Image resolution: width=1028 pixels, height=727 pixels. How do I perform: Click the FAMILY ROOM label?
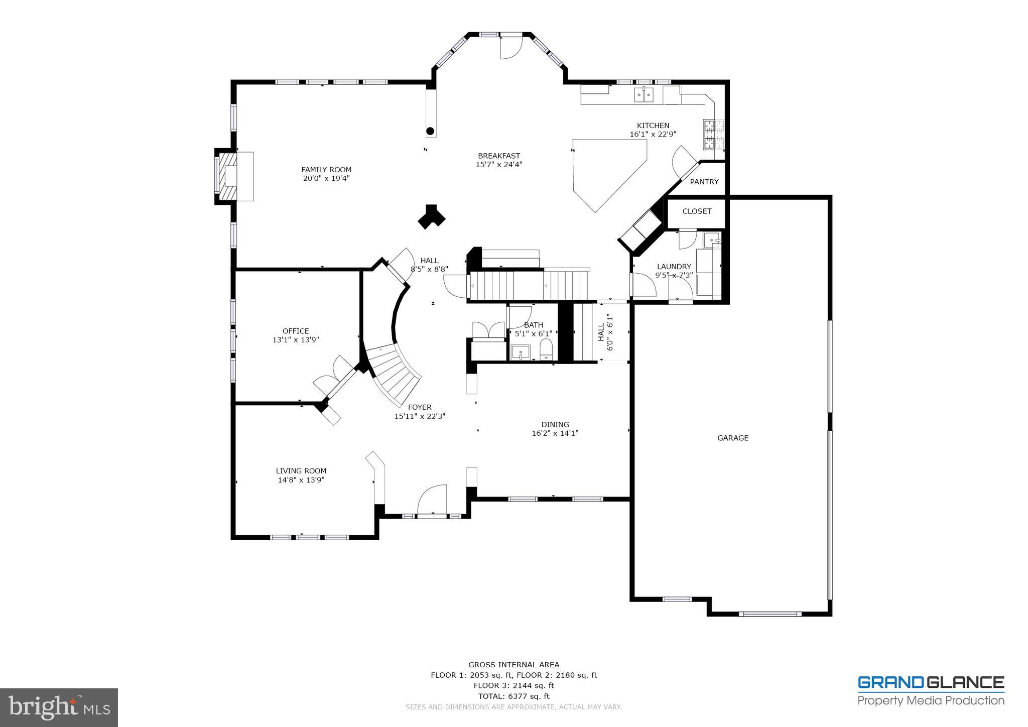[x=326, y=170]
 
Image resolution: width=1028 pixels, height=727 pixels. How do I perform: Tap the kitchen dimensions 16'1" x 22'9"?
[x=653, y=135]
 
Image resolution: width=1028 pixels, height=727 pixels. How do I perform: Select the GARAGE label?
[x=733, y=438]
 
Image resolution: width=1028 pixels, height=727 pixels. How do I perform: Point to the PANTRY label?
[x=704, y=182]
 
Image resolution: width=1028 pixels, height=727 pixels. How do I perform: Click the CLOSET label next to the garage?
[x=697, y=211]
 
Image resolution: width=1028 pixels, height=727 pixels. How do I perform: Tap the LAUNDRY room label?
[x=674, y=267]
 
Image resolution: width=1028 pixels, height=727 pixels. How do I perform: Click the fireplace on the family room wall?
[x=233, y=176]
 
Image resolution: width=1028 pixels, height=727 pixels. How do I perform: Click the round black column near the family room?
[x=430, y=132]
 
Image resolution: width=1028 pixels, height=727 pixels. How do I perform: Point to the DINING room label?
[x=555, y=424]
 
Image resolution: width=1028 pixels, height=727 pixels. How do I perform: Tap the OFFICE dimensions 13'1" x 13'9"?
[x=296, y=340]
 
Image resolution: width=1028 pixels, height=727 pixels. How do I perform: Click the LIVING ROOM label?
[x=301, y=471]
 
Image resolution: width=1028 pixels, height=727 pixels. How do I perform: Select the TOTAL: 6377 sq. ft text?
[x=513, y=696]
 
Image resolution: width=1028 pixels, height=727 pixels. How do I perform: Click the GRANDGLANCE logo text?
[x=931, y=683]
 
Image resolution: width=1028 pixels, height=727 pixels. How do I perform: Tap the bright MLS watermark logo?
[x=59, y=707]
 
